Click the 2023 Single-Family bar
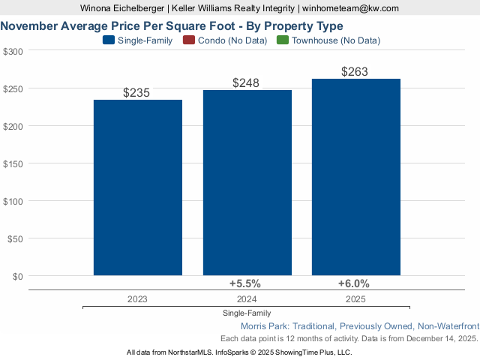(137, 187)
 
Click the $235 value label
(137, 93)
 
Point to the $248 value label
(246, 82)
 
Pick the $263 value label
(355, 72)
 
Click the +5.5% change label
(244, 283)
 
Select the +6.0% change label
(354, 283)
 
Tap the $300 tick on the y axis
(13, 51)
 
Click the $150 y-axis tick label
(13, 163)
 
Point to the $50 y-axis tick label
(16, 238)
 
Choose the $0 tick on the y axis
(18, 276)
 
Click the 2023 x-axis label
(137, 298)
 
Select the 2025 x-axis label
(355, 298)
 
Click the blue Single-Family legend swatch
(109, 40)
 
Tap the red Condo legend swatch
(188, 40)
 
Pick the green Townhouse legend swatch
(282, 40)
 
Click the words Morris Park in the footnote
(264, 326)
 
